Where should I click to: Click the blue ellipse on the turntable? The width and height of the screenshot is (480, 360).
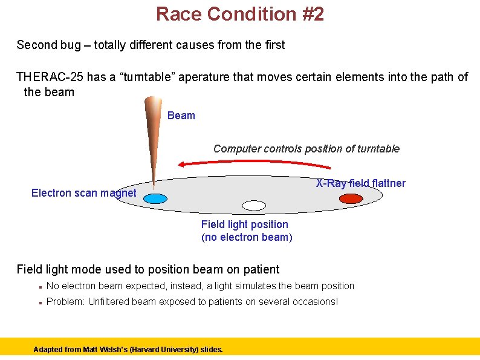point(155,198)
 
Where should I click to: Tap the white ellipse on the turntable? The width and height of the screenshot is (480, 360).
point(254,206)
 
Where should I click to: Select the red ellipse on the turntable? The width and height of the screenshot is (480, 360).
point(351,198)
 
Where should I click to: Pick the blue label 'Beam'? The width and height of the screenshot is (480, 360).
point(181,116)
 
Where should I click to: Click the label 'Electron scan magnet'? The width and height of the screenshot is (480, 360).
point(83,193)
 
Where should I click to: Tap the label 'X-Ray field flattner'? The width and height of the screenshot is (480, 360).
point(361,183)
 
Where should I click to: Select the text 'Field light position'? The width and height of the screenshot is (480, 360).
point(245,224)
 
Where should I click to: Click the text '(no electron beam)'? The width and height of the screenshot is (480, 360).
point(247,237)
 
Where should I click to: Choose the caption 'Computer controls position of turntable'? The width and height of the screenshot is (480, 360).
point(306,149)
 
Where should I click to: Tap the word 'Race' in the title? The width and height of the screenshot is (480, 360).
point(177,13)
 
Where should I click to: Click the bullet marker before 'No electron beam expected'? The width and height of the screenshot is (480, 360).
point(39,287)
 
